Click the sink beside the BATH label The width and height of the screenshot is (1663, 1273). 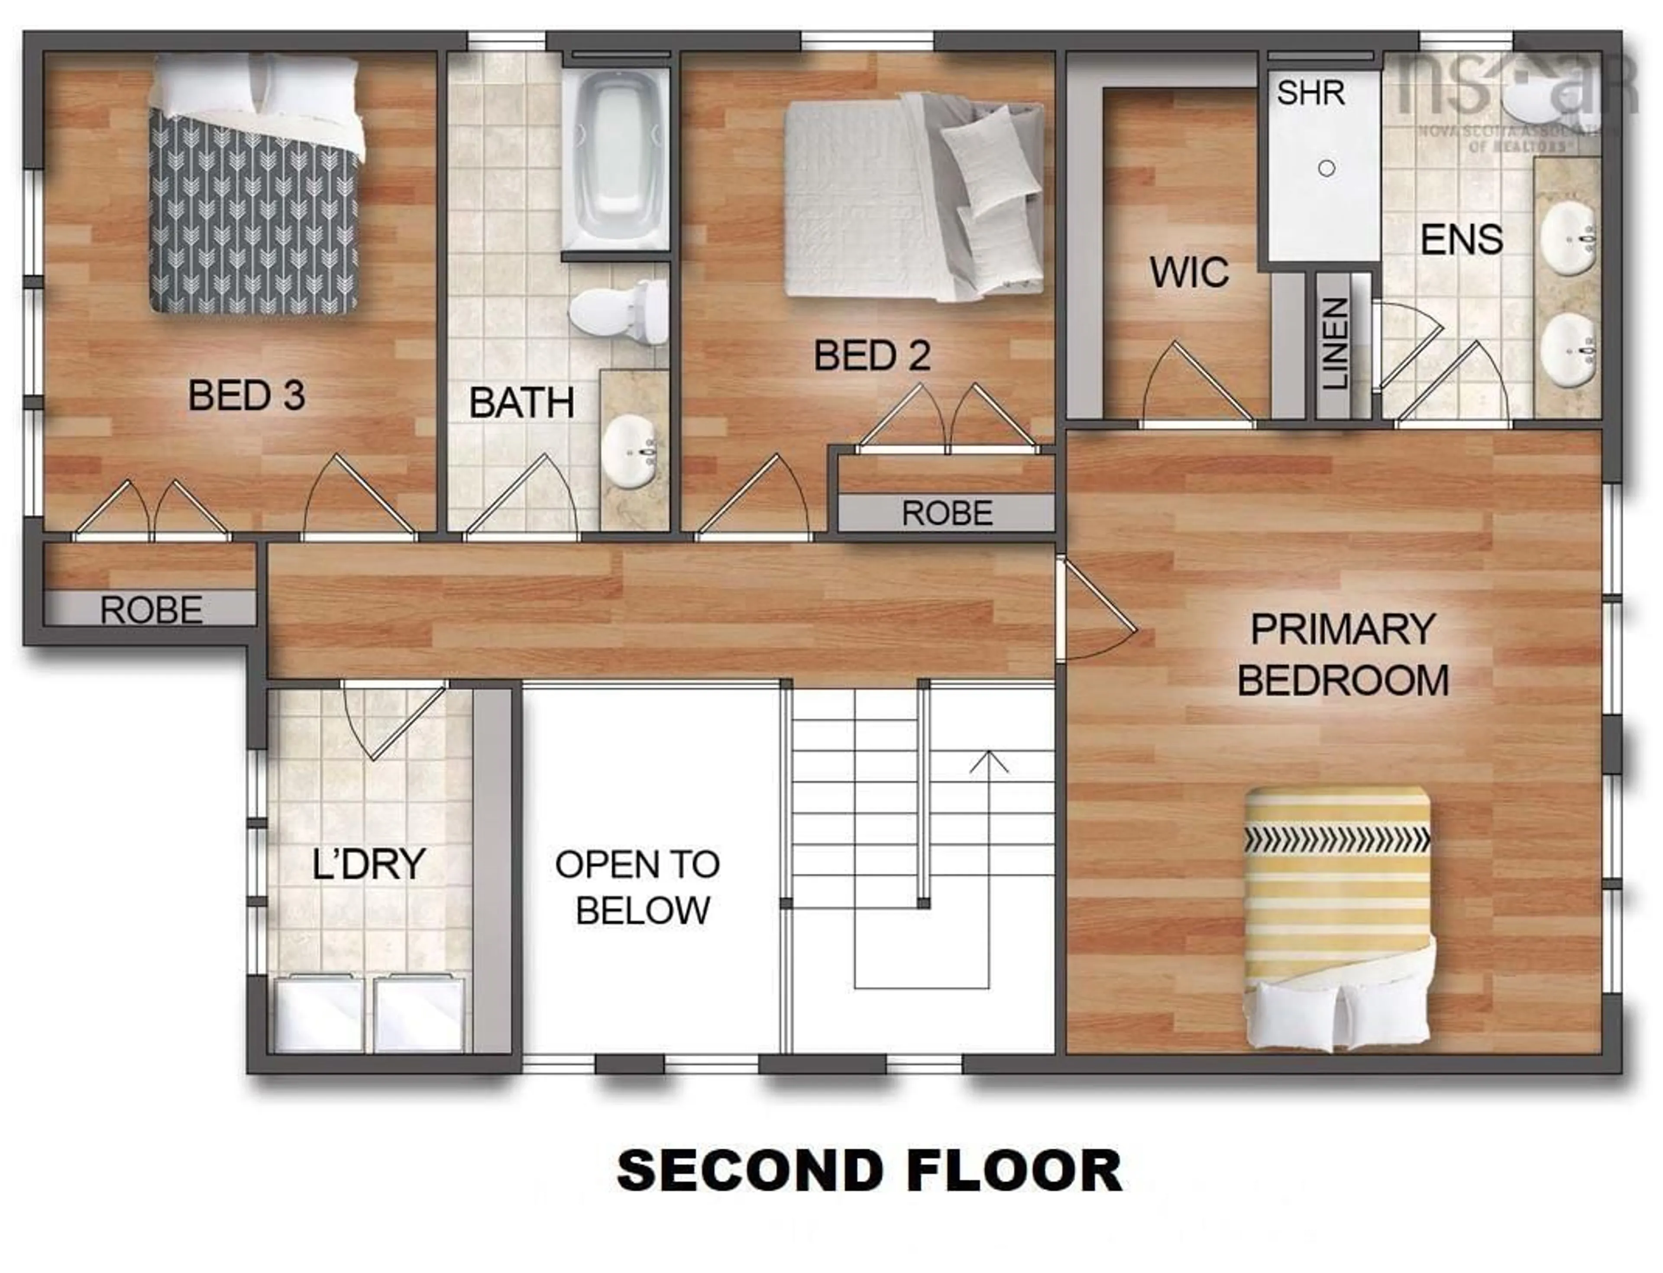tap(630, 452)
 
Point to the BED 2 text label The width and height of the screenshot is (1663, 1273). tap(872, 355)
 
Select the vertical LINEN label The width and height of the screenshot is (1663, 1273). tap(1335, 343)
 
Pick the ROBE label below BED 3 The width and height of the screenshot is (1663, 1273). tap(151, 610)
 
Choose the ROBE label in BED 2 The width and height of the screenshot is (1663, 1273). tap(947, 514)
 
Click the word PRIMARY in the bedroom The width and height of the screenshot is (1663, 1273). tap(1343, 629)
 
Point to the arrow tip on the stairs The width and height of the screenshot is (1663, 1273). tap(988, 753)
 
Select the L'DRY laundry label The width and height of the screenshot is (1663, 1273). tap(369, 864)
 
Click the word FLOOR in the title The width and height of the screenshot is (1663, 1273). tap(1013, 1171)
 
